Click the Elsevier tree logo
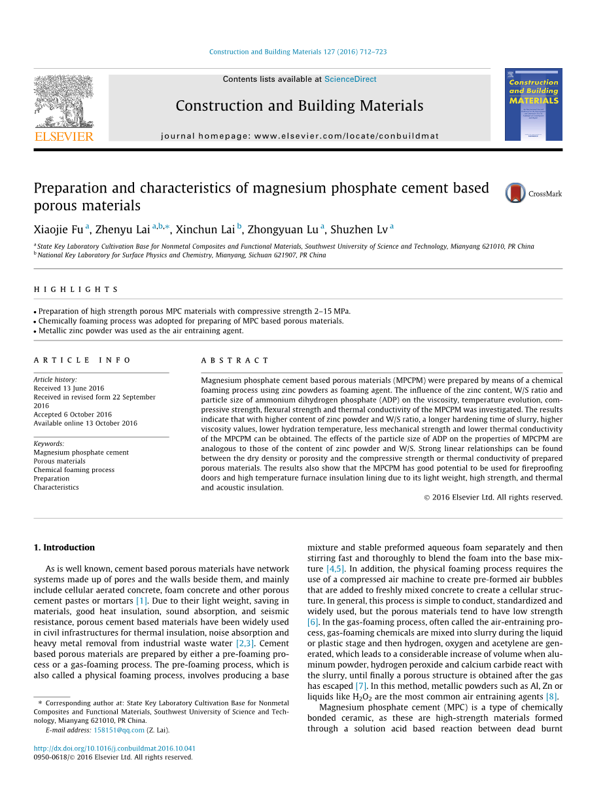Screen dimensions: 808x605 coord(63,101)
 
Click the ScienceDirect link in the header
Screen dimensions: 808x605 coord(350,79)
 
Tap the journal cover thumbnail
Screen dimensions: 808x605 coord(533,104)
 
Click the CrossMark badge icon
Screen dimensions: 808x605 coord(515,193)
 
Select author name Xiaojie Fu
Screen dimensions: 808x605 coord(58,229)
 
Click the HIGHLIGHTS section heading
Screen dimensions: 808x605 coord(76,289)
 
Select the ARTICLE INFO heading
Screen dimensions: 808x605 coord(82,360)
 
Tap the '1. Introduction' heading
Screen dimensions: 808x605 coord(64,547)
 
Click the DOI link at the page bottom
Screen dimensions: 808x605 coord(114,748)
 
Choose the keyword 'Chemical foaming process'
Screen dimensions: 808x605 coord(74,469)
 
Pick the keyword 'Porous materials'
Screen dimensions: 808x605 coord(60,461)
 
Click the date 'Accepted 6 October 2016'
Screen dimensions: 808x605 coord(73,414)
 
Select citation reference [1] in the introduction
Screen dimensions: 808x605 coord(142,601)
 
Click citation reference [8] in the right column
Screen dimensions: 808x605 coord(551,697)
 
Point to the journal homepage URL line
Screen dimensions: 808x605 coord(300,136)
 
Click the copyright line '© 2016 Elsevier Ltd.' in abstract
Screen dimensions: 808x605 coord(493,497)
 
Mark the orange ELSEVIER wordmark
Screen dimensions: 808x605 coord(63,136)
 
